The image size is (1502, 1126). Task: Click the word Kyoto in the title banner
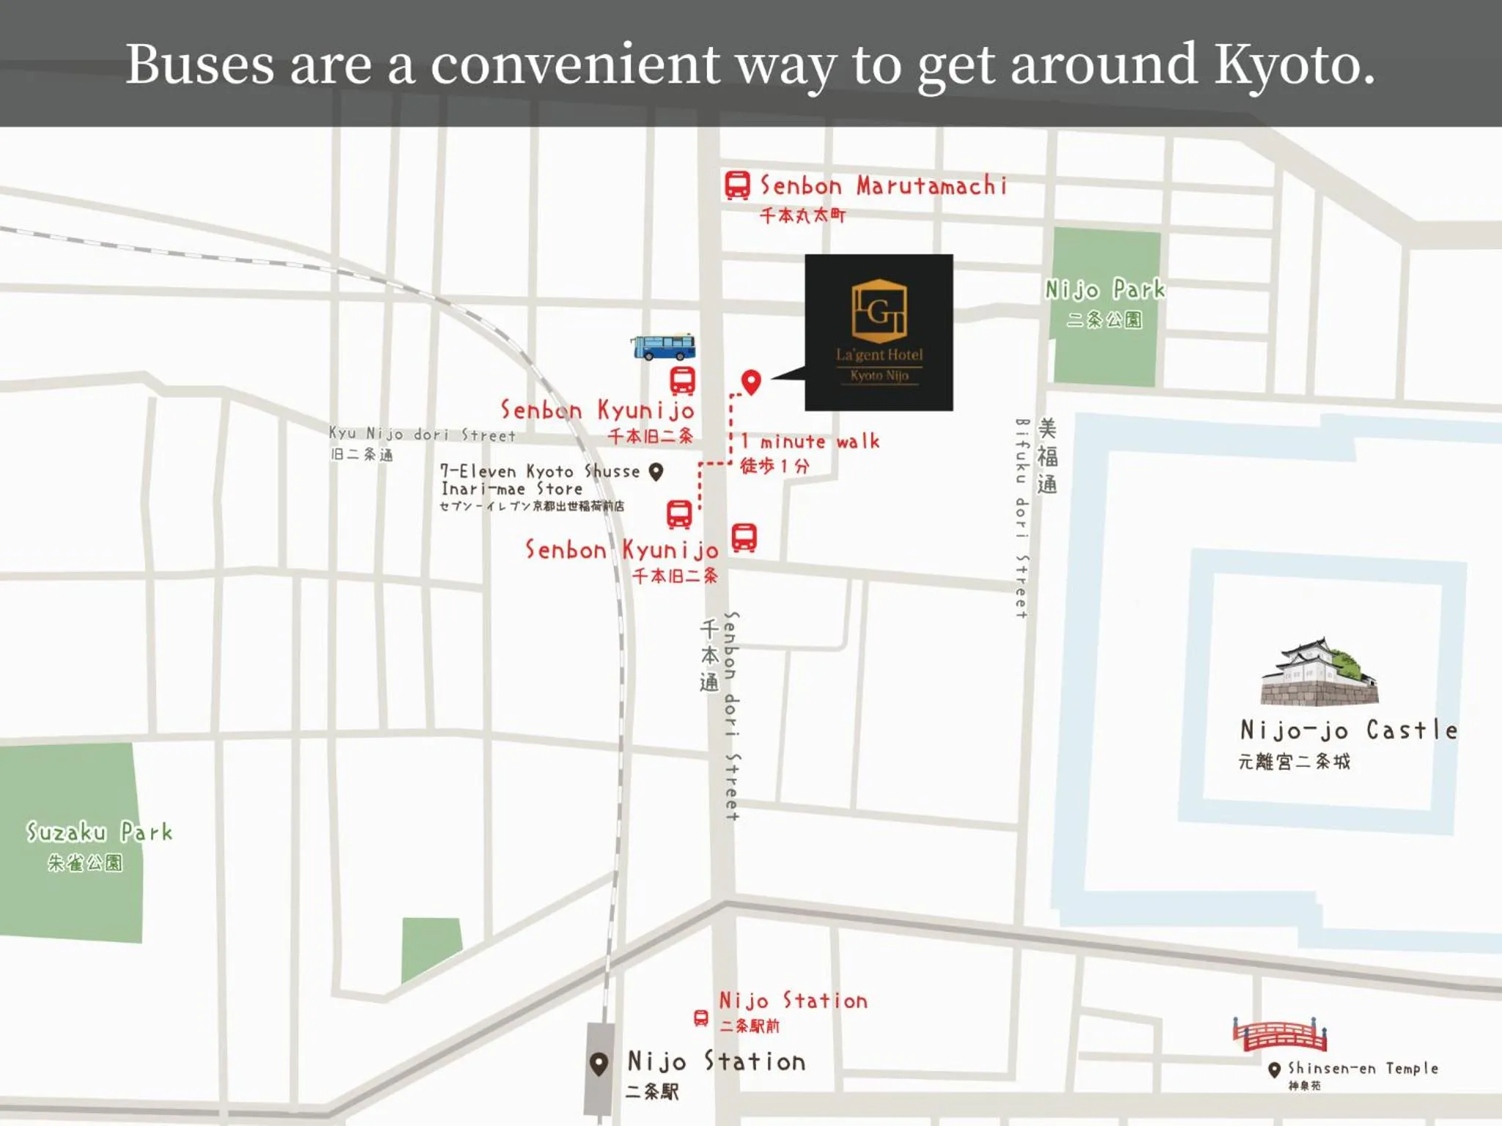tap(1294, 65)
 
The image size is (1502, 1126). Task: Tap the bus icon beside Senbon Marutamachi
tap(737, 185)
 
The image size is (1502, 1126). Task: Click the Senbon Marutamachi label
tap(883, 185)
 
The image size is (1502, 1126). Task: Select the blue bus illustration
tap(663, 347)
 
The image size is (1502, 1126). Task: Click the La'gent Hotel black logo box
tap(879, 332)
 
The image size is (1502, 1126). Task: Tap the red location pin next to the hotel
tap(751, 381)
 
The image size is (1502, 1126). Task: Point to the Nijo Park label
tap(1104, 290)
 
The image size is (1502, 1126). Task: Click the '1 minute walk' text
tap(810, 441)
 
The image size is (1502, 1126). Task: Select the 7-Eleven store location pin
tap(656, 471)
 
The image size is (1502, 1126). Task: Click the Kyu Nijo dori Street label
tap(422, 434)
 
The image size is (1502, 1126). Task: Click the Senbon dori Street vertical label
tap(731, 715)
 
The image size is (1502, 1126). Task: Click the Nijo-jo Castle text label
tap(1348, 730)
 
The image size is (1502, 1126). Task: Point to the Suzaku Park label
tap(99, 832)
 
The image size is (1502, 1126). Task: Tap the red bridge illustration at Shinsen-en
tap(1280, 1034)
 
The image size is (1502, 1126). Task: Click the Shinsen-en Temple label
tap(1363, 1069)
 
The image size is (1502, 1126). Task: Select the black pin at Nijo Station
tap(599, 1064)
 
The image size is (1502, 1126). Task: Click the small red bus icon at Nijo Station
tap(701, 1018)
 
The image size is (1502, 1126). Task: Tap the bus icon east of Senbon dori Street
tap(744, 537)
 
